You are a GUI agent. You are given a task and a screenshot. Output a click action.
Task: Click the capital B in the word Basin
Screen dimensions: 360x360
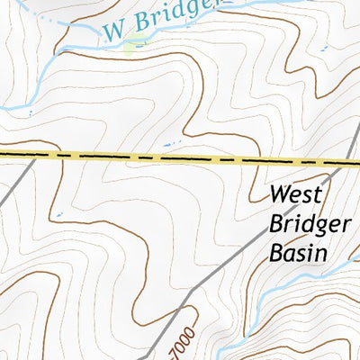(276, 253)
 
